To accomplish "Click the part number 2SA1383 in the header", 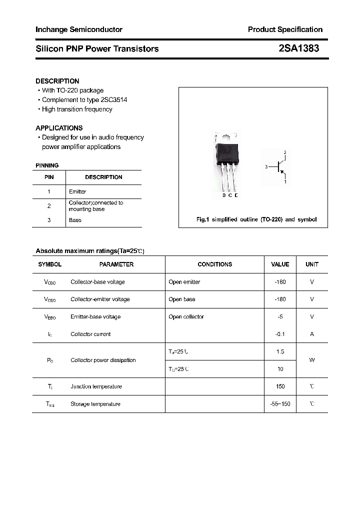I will [299, 48].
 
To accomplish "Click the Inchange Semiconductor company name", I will [79, 29].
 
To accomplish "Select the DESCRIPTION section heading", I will [57, 81].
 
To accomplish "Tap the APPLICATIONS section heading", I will [59, 128].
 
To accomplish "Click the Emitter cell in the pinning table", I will [77, 191].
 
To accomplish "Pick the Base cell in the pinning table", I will [75, 220].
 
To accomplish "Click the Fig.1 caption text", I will [255, 219].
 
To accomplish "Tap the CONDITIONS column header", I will [214, 264].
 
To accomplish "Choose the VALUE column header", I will [280, 264].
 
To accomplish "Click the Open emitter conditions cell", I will [184, 282].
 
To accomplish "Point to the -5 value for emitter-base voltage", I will [280, 316].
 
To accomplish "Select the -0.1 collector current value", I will [280, 334].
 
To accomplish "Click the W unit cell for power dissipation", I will [312, 360].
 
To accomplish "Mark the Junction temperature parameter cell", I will [96, 386].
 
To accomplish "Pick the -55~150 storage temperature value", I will [280, 404].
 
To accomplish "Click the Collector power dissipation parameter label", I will [103, 360].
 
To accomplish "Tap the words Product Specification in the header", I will [285, 29].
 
